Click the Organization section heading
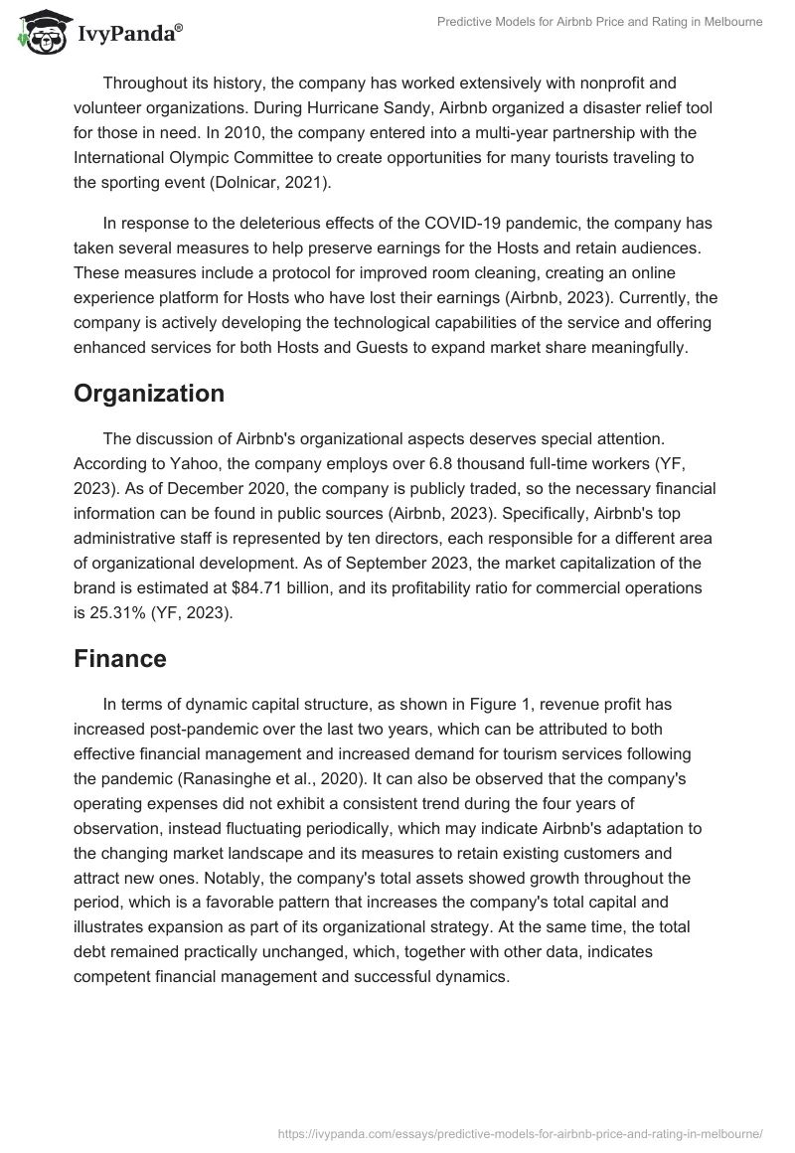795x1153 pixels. point(149,393)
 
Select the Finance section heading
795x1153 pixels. point(120,658)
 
